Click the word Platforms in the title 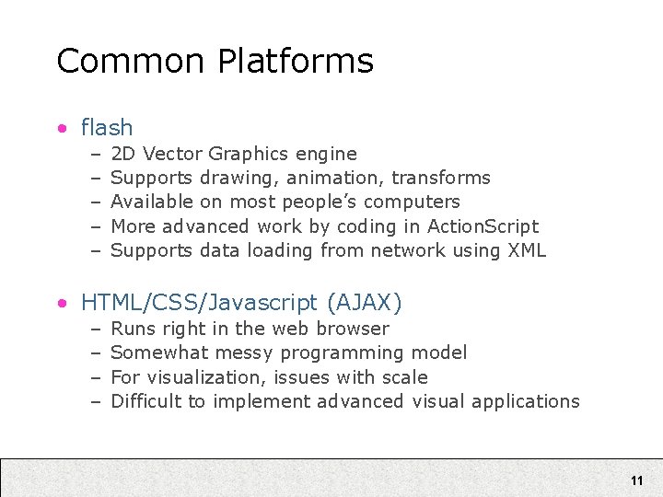coord(296,62)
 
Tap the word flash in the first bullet coord(107,127)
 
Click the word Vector coord(173,154)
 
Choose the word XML coord(527,249)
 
